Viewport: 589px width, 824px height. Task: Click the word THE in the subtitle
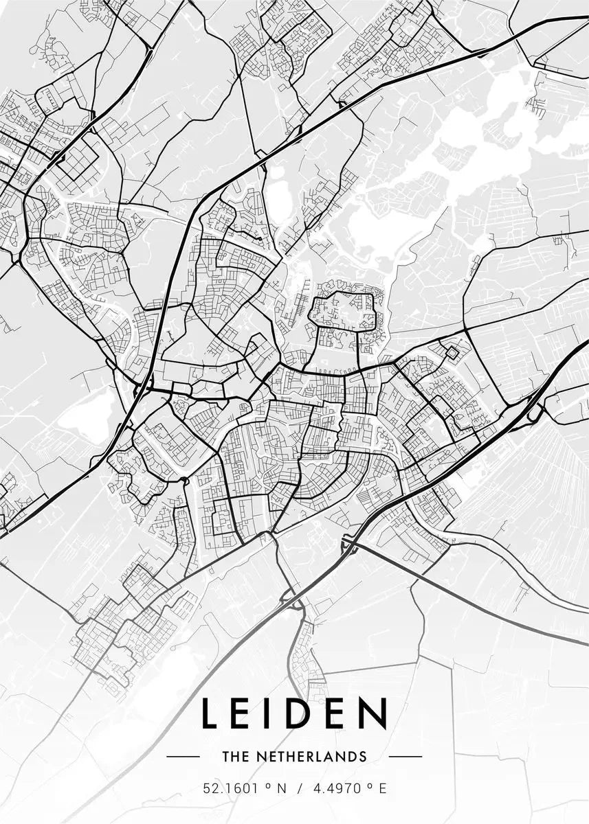[234, 757]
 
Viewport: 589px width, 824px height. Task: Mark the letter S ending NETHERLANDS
[362, 757]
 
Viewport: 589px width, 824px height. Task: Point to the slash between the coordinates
[299, 788]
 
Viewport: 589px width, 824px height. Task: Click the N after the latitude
[280, 788]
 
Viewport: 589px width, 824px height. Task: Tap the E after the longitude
[382, 788]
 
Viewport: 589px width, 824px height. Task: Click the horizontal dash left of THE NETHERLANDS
[183, 757]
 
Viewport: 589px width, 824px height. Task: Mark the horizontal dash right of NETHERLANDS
[405, 757]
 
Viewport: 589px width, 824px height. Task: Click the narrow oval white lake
[279, 193]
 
